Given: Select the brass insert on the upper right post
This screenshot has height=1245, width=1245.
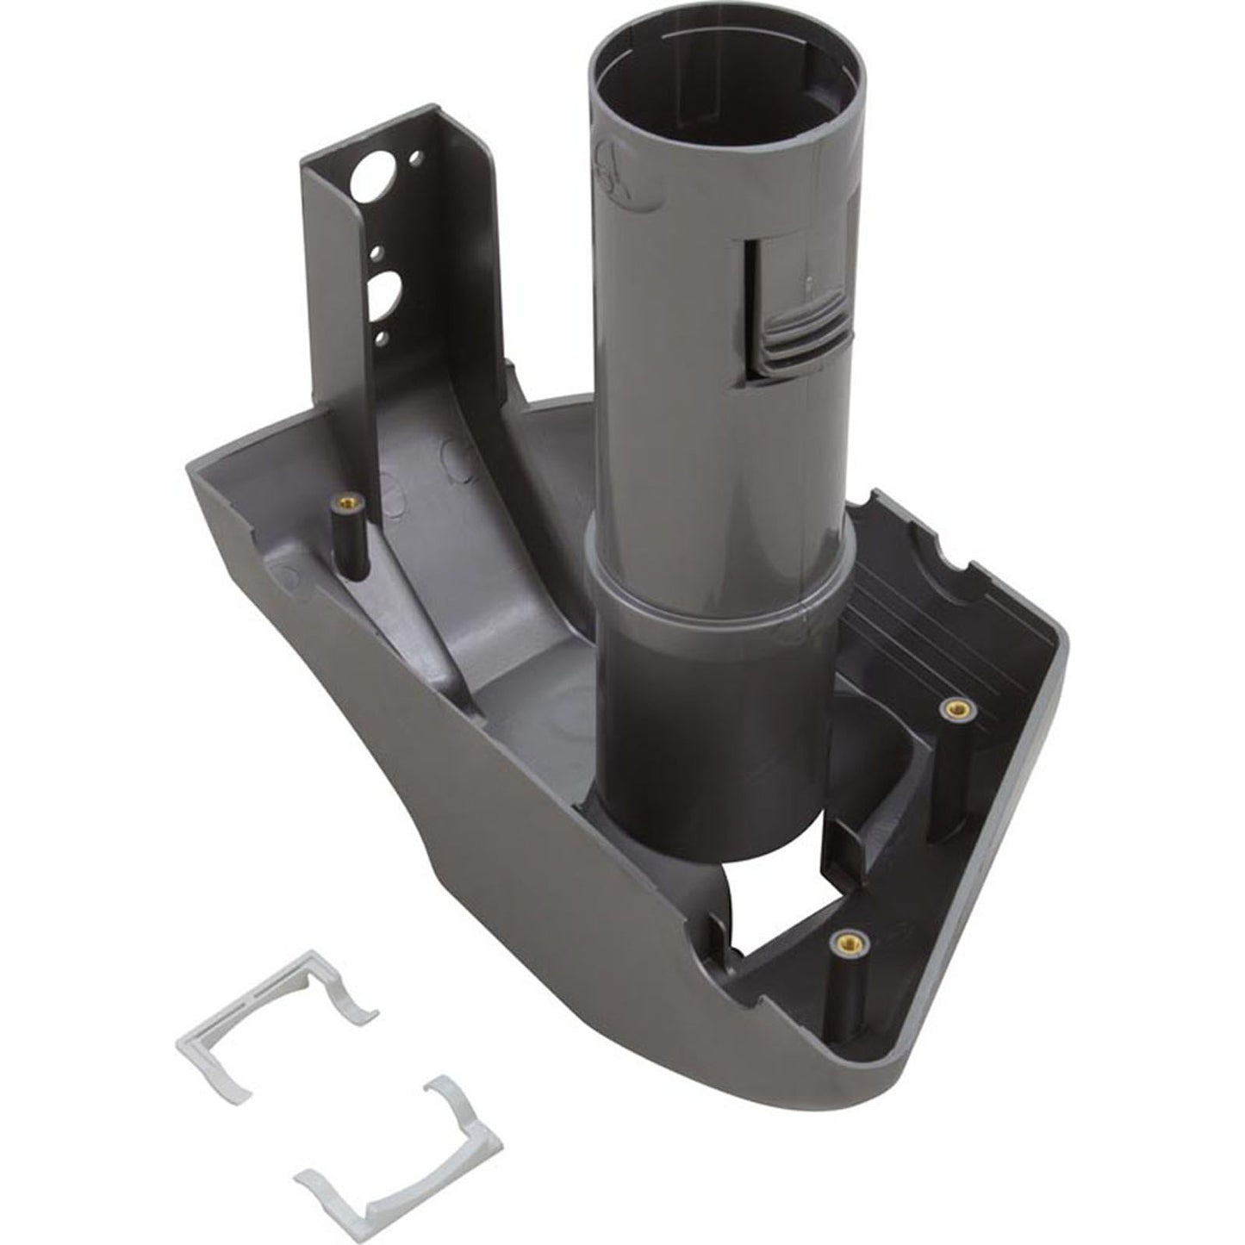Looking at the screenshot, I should tap(951, 707).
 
